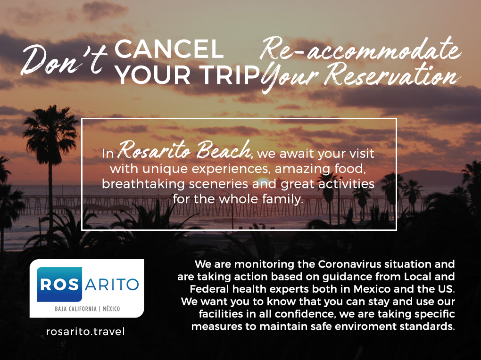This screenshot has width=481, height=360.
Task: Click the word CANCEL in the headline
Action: pos(169,49)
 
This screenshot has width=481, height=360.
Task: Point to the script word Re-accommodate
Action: pos(361,49)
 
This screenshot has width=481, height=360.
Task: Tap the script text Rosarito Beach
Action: pos(184,150)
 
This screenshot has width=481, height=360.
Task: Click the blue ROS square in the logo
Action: pos(59,284)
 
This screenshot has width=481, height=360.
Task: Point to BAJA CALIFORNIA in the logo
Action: pos(75,309)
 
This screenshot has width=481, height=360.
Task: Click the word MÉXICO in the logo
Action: pos(111,309)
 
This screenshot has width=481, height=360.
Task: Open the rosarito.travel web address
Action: pos(85,331)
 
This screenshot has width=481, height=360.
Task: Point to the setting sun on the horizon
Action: pos(263,181)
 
